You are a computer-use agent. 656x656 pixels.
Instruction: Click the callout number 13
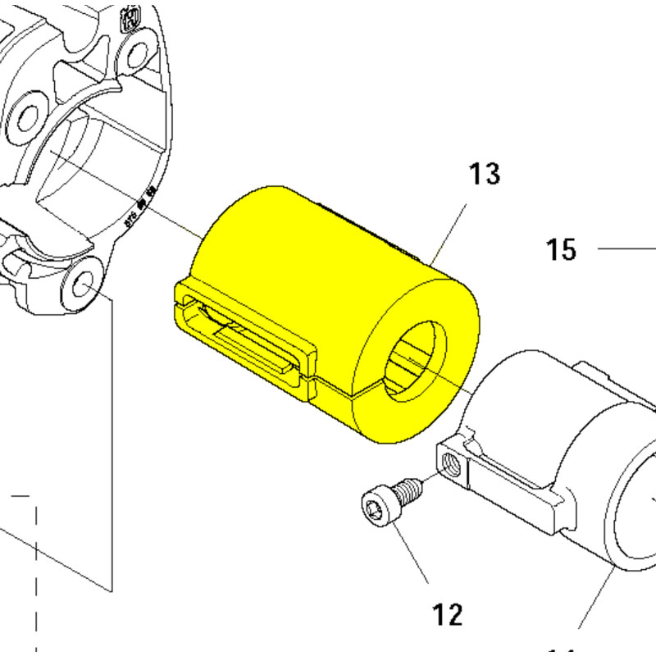click(x=484, y=175)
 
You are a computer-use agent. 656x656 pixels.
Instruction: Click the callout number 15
click(x=562, y=249)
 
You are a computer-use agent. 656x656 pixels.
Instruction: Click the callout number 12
click(x=448, y=613)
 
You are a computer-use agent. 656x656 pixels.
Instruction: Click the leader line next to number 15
click(x=627, y=248)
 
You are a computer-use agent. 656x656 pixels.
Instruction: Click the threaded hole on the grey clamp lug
click(x=449, y=464)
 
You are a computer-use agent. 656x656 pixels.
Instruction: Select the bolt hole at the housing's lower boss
click(x=83, y=285)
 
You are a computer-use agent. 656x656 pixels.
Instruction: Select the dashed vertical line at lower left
click(x=37, y=574)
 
